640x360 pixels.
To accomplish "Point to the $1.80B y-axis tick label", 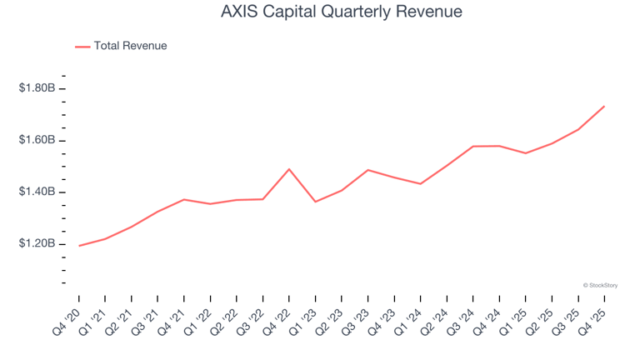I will [37, 88].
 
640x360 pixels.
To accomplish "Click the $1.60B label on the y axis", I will [37, 140].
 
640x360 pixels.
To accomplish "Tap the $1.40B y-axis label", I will [37, 192].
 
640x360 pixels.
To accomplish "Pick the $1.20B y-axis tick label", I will [37, 244].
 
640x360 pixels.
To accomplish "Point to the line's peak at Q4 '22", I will [289, 169].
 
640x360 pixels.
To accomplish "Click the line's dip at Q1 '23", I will [315, 202].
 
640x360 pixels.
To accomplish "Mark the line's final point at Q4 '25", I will [604, 106].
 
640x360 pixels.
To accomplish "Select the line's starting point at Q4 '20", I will [79, 246].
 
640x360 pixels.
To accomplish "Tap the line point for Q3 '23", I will [367, 170].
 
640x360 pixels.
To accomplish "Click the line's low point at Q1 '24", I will [420, 183].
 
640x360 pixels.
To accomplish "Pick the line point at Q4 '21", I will [184, 199].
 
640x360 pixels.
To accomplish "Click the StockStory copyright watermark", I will [600, 285].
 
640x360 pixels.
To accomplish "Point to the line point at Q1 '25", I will [525, 153].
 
